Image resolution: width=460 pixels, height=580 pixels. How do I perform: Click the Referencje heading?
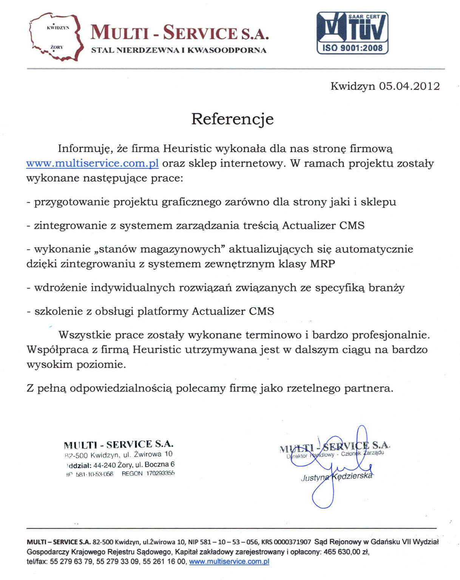[232, 119]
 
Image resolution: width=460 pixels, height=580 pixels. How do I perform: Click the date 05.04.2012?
[409, 86]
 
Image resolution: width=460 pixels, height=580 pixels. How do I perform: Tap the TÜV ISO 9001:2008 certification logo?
[352, 33]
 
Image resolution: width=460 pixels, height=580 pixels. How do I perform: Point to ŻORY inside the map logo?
[57, 47]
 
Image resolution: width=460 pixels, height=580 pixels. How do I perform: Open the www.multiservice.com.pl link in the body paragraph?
[92, 164]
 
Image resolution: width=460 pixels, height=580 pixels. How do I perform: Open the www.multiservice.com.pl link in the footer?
[229, 561]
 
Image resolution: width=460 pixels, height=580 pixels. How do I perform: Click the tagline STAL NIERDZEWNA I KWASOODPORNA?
[179, 50]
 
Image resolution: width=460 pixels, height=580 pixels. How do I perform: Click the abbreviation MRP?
[322, 264]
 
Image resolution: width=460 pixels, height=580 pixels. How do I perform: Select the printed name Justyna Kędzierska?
[336, 477]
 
